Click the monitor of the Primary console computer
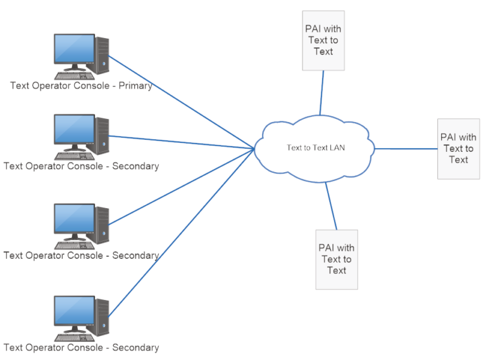coord(74,50)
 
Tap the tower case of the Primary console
coord(102,56)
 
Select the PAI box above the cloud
coord(323,40)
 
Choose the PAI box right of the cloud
coord(458,148)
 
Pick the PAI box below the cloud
coord(337,259)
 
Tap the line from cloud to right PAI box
coord(405,149)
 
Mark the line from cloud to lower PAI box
coord(331,206)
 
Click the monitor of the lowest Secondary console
coord(74,312)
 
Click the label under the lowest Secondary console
coord(81,347)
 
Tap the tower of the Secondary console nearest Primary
coord(102,136)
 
